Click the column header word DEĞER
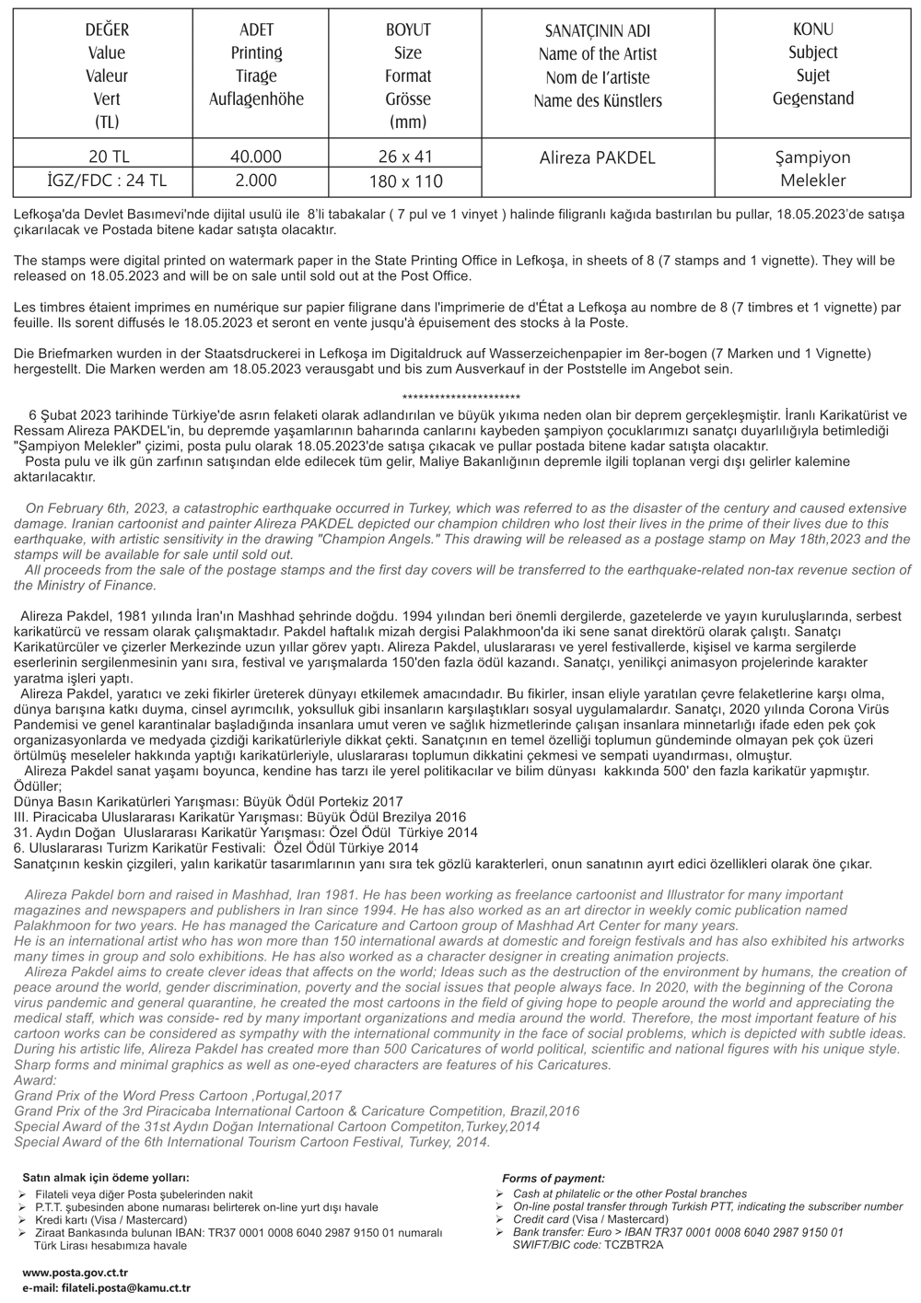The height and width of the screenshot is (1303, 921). [x=107, y=30]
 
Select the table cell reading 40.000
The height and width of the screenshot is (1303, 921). [x=255, y=157]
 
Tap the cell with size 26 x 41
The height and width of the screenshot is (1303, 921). [x=405, y=157]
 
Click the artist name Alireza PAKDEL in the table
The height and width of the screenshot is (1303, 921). [x=597, y=157]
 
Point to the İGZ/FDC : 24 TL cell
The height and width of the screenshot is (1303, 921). [x=107, y=180]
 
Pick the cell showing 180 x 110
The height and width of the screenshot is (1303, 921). [x=405, y=180]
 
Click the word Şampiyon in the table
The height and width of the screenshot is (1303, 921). [x=813, y=157]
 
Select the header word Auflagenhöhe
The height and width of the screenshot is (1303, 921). [x=256, y=99]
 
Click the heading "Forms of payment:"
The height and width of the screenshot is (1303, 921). [x=554, y=1179]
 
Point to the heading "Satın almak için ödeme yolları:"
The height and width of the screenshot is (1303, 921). [x=106, y=1177]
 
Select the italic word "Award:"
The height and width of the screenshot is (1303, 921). [x=36, y=1080]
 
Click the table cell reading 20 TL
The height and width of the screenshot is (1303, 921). [x=107, y=157]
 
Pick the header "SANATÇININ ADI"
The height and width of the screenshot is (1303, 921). [x=597, y=31]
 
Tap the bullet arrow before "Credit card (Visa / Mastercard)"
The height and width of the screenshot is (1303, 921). [x=500, y=1219]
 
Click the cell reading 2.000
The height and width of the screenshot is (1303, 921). [x=255, y=180]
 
